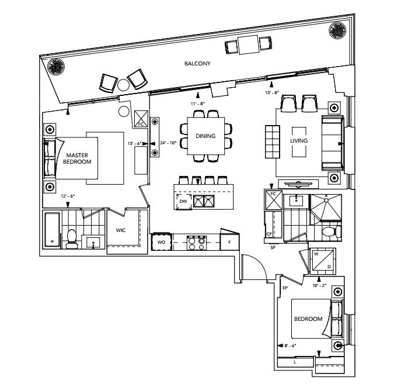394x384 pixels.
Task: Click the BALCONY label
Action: click(x=197, y=63)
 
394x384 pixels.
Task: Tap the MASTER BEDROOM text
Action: click(x=77, y=158)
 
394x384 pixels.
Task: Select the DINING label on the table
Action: click(x=205, y=136)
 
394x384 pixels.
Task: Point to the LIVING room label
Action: click(x=299, y=141)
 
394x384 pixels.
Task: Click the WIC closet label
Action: click(x=121, y=230)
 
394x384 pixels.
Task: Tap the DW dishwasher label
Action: click(x=183, y=201)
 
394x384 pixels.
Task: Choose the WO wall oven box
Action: click(x=161, y=242)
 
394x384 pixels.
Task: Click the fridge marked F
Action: click(x=229, y=242)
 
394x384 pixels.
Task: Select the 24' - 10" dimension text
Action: click(x=168, y=143)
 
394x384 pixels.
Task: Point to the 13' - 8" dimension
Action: click(x=272, y=92)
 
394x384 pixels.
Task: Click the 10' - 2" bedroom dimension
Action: click(x=319, y=286)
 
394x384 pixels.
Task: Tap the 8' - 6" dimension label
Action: click(x=290, y=346)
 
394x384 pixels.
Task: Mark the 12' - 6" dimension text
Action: click(x=68, y=196)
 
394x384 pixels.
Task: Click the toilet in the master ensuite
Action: click(x=72, y=239)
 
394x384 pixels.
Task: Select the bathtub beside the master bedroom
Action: click(x=53, y=230)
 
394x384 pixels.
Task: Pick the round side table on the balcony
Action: click(x=123, y=85)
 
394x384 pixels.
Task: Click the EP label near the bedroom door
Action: click(x=285, y=288)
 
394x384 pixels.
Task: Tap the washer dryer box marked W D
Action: click(x=323, y=261)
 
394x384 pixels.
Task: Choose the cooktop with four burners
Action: click(x=197, y=243)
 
